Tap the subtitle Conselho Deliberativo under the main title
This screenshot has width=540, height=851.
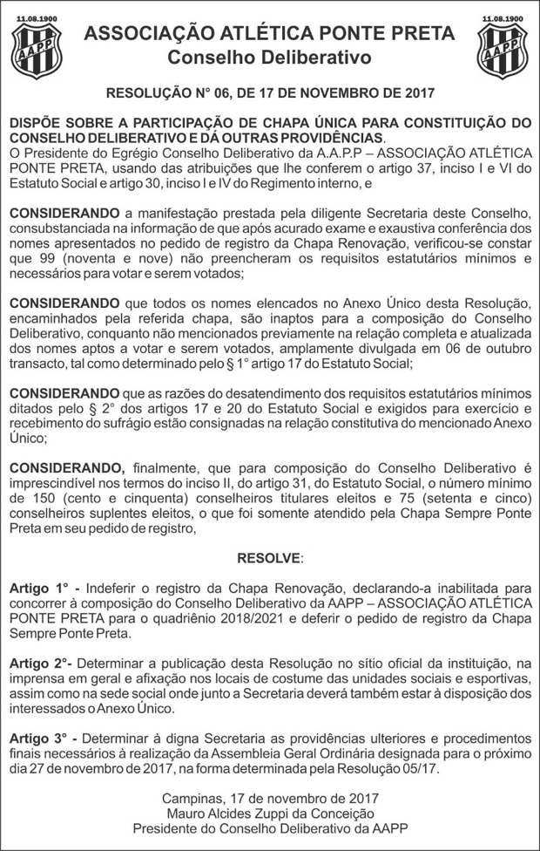(269, 58)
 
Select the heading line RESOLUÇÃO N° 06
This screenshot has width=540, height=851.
(269, 92)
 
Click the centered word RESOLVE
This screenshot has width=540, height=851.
(269, 557)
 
